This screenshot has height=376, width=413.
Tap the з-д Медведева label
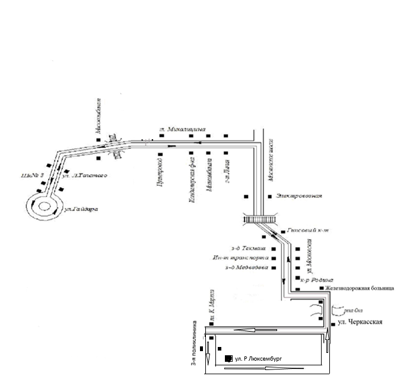tap(246, 268)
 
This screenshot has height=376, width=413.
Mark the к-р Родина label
tap(317, 279)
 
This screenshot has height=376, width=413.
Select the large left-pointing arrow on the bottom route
tap(249, 330)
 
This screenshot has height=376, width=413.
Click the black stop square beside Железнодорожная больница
tap(322, 288)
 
